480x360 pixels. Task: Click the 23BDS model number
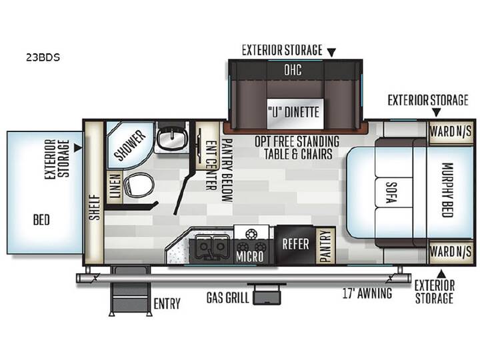(x=43, y=57)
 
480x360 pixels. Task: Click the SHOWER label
(x=130, y=145)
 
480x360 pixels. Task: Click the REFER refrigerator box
(x=295, y=244)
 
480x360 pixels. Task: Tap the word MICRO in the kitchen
(x=249, y=257)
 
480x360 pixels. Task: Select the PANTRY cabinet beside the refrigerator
(x=325, y=245)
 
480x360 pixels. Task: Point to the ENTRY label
(x=167, y=304)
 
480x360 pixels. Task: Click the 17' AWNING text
(x=367, y=293)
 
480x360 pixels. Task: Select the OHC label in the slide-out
(x=293, y=70)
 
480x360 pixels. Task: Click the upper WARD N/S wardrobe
(x=450, y=132)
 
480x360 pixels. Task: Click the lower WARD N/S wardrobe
(x=450, y=252)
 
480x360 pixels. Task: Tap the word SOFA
(x=391, y=193)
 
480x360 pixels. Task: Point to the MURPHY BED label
(x=447, y=190)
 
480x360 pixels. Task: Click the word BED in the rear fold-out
(x=41, y=220)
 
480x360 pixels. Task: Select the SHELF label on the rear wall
(x=95, y=207)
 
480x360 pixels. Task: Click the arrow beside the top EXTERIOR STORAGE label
(x=331, y=53)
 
